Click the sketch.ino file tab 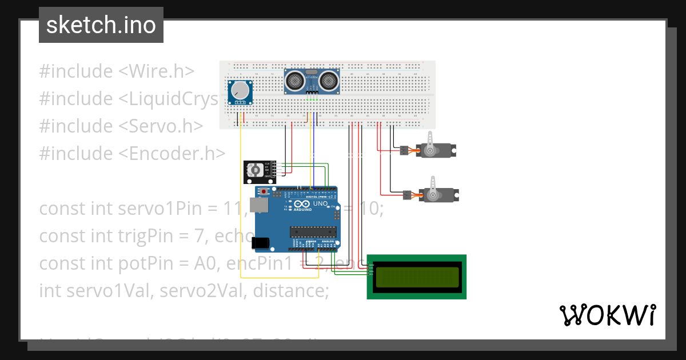click(101, 25)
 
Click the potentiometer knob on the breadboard click(240, 91)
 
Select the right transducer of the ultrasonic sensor click(329, 81)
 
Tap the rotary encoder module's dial click(256, 170)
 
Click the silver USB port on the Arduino click(260, 206)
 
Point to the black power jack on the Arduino click(262, 243)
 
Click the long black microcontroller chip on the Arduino click(312, 231)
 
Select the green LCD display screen click(416, 277)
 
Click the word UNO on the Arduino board click(320, 203)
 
